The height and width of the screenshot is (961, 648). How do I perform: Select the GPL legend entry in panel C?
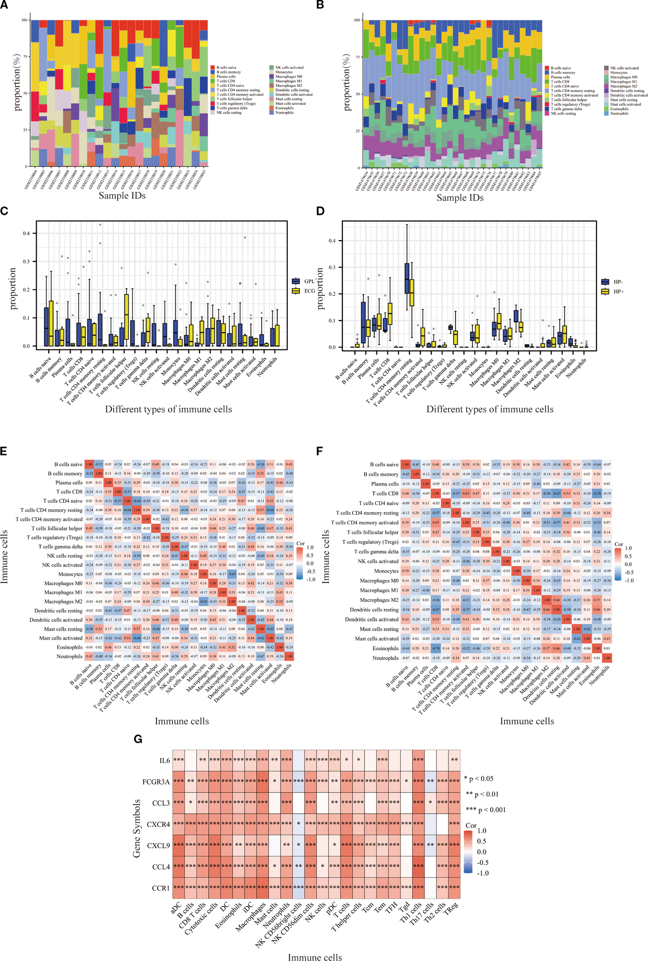[310, 281]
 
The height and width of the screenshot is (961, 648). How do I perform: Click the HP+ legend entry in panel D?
[619, 291]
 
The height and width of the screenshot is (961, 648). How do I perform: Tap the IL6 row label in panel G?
[164, 760]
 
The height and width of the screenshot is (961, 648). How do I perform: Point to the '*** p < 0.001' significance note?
[486, 810]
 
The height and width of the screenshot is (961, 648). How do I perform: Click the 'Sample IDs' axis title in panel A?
[122, 196]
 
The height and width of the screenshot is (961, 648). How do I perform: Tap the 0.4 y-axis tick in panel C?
[26, 233]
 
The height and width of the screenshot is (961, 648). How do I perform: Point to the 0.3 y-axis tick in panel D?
[332, 268]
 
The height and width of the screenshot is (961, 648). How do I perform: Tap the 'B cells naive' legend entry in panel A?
[227, 67]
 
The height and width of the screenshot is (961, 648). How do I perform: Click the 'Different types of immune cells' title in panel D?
[490, 409]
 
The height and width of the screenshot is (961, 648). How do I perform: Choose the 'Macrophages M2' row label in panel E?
[63, 602]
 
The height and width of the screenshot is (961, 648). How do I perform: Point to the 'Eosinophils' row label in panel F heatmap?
[386, 648]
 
